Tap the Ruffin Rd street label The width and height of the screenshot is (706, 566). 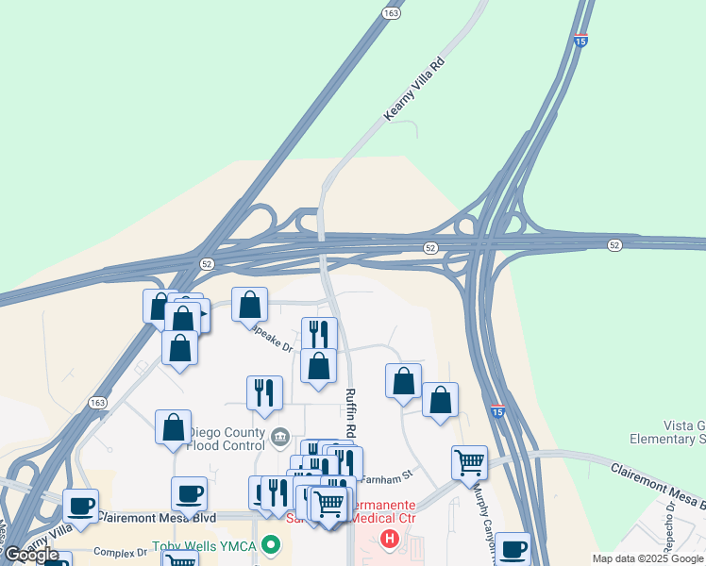[350, 412]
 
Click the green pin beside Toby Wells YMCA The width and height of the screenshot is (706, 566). [272, 545]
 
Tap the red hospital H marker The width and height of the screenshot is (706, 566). [389, 540]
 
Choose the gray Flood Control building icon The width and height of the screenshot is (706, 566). [279, 437]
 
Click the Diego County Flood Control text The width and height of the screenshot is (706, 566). [227, 439]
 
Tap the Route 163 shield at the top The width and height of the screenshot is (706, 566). [392, 12]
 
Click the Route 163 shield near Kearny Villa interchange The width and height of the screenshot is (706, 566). [98, 402]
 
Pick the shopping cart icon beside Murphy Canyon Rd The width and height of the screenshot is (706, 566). [469, 462]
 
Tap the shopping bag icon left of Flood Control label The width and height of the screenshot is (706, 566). [174, 427]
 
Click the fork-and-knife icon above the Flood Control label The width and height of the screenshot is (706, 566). [264, 392]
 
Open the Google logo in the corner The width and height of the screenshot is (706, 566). [30, 555]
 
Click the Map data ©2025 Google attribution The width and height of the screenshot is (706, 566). [647, 558]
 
